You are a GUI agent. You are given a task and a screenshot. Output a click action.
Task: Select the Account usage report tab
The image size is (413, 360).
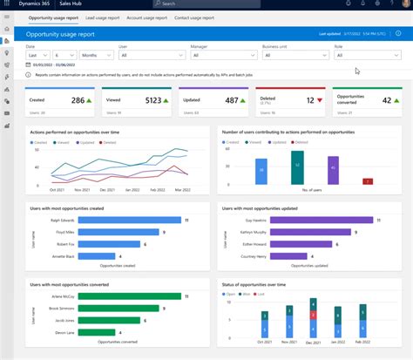pos(148,17)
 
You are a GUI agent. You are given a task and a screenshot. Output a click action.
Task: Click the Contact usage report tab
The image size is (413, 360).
pos(194,17)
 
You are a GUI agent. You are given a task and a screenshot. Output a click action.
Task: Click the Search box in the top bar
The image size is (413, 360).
pos(218,4)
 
